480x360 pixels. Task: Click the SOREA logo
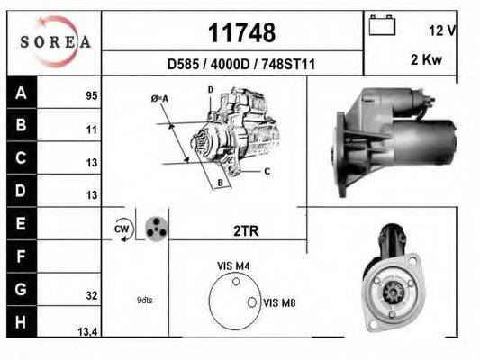pos(55,42)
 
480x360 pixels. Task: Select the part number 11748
pos(241,32)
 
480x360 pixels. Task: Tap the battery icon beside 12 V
pos(382,25)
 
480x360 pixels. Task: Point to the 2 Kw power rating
pos(426,59)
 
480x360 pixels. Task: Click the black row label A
pos(21,93)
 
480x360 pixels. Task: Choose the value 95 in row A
pos(92,95)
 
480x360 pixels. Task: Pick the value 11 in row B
pos(92,130)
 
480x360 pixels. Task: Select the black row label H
pos(21,322)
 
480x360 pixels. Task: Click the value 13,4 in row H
pos(87,331)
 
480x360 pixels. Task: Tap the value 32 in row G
pos(92,295)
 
